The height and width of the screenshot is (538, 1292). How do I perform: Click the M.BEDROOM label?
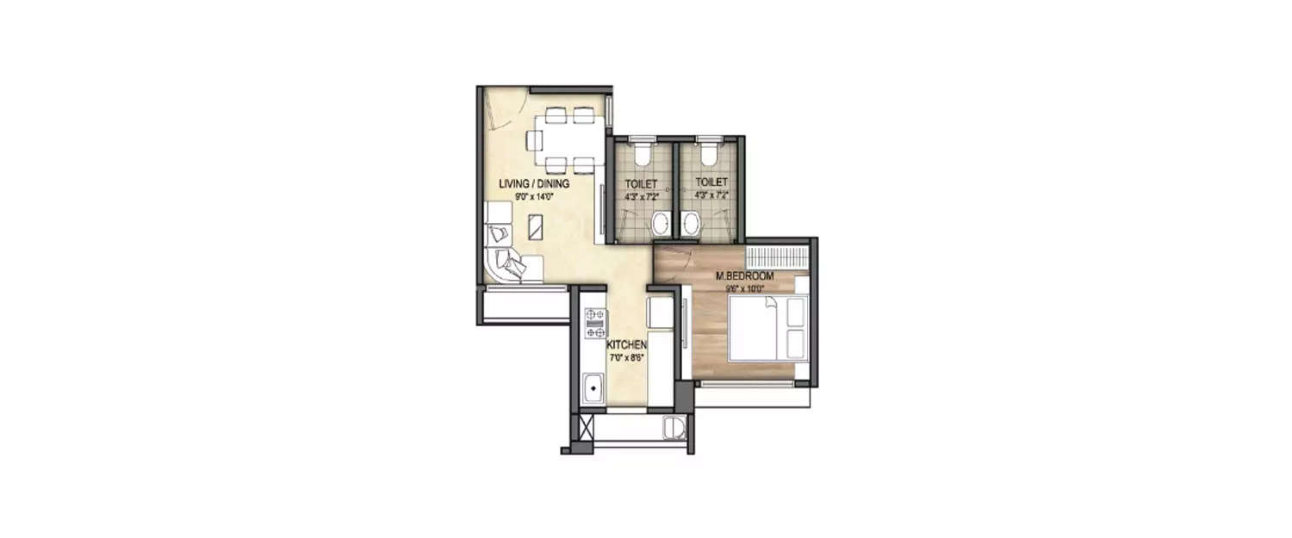(x=745, y=275)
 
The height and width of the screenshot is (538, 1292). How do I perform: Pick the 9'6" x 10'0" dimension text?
(x=746, y=288)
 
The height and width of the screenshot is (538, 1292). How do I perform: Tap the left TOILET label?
(x=640, y=183)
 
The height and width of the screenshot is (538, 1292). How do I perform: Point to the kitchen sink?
(x=593, y=390)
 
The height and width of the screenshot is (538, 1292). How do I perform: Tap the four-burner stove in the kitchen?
(x=594, y=323)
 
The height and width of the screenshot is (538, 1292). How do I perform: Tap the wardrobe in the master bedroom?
(x=778, y=257)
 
